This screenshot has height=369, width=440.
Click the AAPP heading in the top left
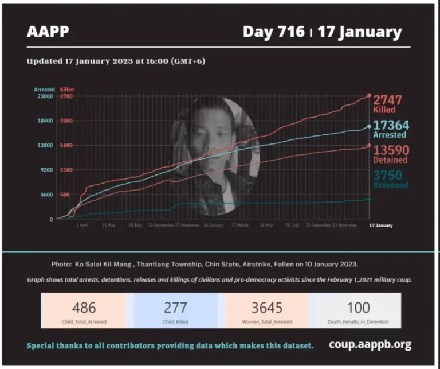pos(48,32)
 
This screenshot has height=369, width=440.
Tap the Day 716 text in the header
pos(273,32)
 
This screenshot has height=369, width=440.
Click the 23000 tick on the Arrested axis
pos(45,96)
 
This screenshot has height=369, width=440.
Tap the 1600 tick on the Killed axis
pos(66,145)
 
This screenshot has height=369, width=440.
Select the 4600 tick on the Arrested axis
pos(46,195)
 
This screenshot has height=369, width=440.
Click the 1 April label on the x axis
pos(82,226)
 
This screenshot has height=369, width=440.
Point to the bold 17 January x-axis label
pos(381,226)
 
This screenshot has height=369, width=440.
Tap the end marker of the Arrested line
pos(368,126)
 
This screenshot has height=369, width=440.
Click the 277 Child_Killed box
pos(176,310)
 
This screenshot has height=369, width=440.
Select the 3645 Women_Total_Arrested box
pos(267,310)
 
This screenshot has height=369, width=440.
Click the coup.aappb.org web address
pos(370,344)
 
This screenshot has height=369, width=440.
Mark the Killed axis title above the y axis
pos(67,90)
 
